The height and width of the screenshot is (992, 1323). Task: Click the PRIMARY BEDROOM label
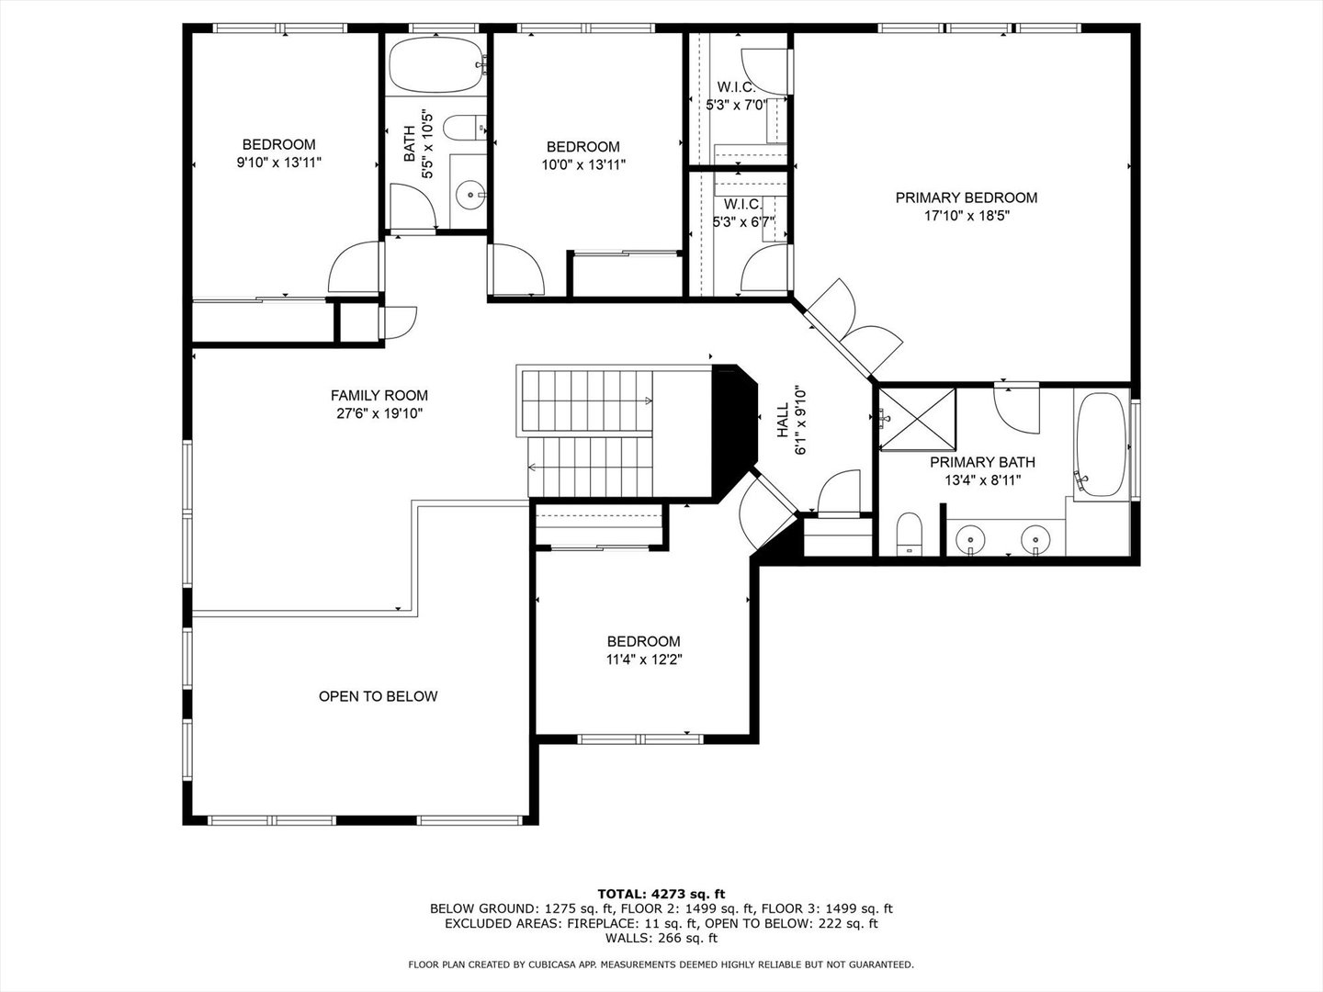[x=967, y=197]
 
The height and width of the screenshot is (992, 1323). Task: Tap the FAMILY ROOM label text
[x=379, y=396]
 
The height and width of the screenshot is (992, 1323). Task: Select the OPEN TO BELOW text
[x=378, y=696]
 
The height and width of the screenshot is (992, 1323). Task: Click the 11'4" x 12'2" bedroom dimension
[x=644, y=659]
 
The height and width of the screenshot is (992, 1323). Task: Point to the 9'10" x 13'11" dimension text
[x=279, y=163]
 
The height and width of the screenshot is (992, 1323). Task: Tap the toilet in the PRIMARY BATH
[x=909, y=533]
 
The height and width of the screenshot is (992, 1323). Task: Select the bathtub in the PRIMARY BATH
[x=1102, y=444]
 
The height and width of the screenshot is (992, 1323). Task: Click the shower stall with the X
[x=917, y=419]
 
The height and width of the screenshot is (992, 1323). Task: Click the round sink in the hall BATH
[x=470, y=194]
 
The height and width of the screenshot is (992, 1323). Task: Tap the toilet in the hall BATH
[x=464, y=127]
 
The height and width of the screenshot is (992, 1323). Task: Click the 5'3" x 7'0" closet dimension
[x=736, y=105]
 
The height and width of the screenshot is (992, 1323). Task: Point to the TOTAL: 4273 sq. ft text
[x=661, y=894]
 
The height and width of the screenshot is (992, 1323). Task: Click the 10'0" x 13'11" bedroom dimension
[x=583, y=165]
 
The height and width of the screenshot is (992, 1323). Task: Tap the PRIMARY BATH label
[x=982, y=462]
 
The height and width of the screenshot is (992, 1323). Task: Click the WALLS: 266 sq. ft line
[x=661, y=938]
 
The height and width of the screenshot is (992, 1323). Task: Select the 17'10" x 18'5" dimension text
[x=967, y=216]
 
